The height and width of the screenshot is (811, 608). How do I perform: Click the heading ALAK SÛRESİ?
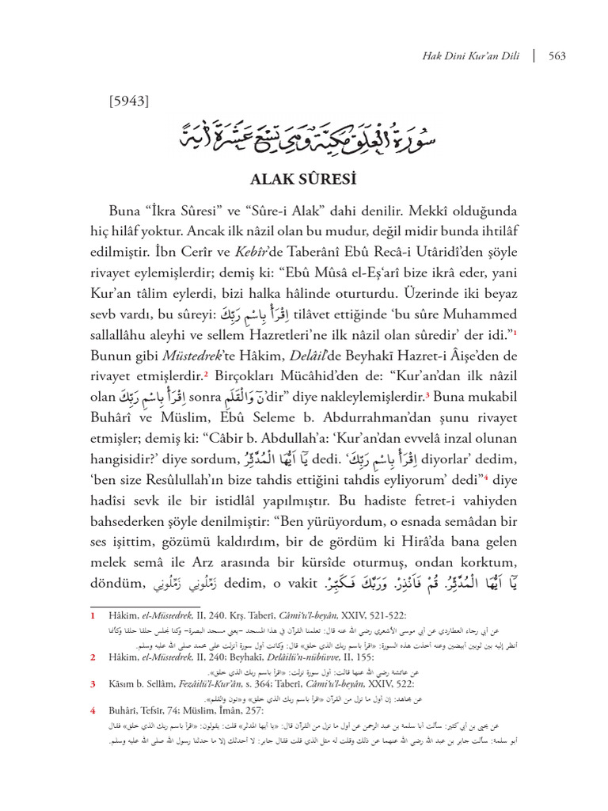(x=303, y=179)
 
